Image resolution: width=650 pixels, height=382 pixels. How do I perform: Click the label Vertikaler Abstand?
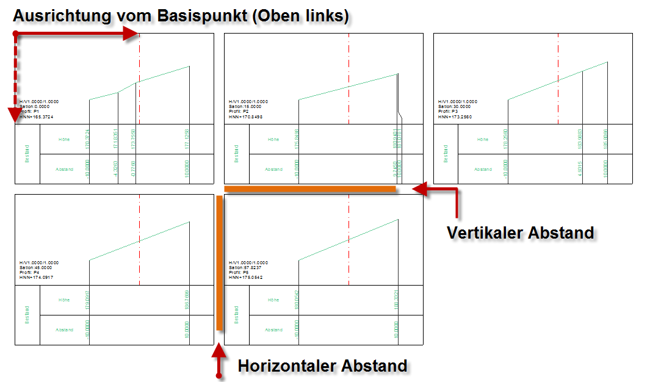click(520, 232)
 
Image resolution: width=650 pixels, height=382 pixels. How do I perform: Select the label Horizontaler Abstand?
click(322, 366)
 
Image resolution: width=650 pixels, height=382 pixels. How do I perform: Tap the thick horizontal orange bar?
click(311, 189)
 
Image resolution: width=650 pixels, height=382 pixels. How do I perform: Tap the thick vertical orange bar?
click(220, 262)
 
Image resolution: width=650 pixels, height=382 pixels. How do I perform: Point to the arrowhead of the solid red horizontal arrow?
click(132, 35)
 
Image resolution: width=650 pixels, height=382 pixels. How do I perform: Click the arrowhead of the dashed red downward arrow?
click(15, 115)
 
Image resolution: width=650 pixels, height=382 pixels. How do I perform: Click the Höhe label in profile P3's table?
click(483, 139)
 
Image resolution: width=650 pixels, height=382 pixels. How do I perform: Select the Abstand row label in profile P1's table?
click(64, 169)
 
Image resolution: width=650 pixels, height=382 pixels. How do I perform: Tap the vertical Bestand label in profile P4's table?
click(27, 315)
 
